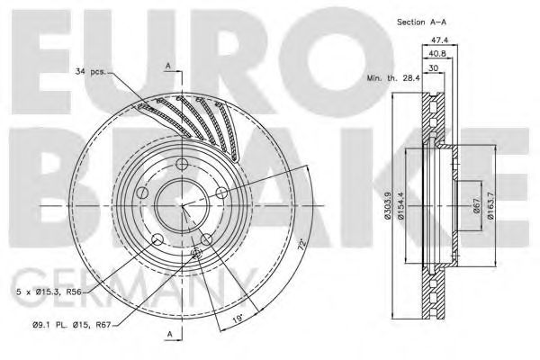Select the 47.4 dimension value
440,40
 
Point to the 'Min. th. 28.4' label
391,78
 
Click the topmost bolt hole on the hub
183,163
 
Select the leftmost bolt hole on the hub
141,193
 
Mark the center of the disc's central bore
183,206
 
